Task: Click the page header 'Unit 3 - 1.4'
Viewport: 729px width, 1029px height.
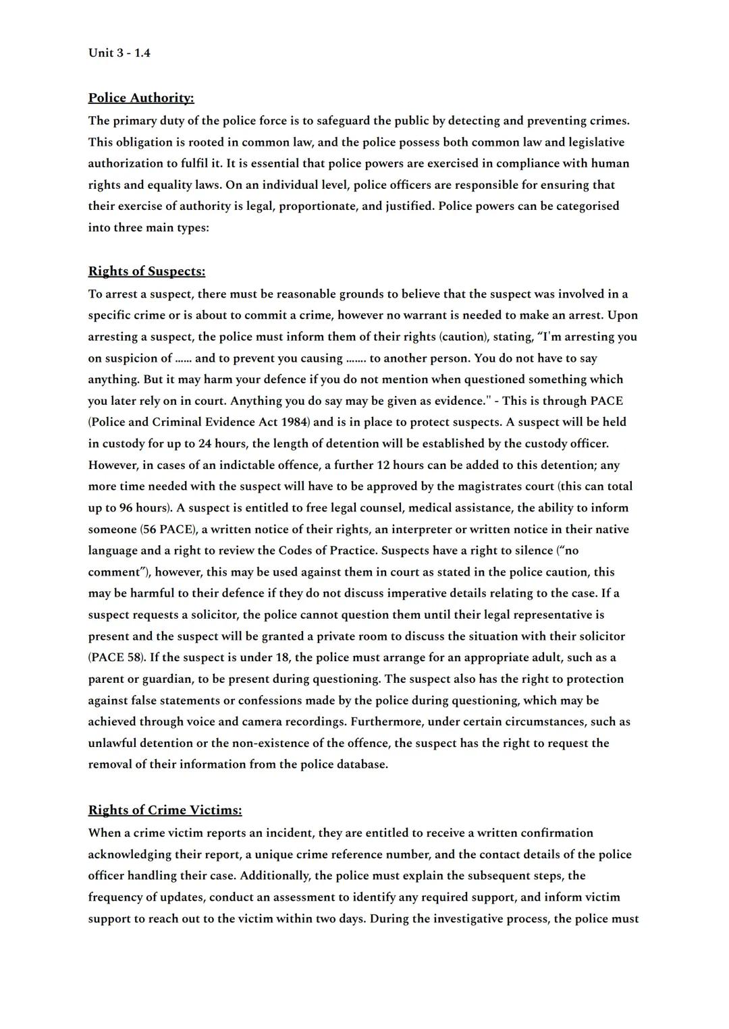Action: coord(119,53)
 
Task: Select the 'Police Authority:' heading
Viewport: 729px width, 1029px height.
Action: coord(140,98)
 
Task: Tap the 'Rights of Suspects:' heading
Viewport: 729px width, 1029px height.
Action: coord(146,271)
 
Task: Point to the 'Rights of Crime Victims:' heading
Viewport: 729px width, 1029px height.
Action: coord(165,810)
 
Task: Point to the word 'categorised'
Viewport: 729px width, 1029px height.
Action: coord(587,206)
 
